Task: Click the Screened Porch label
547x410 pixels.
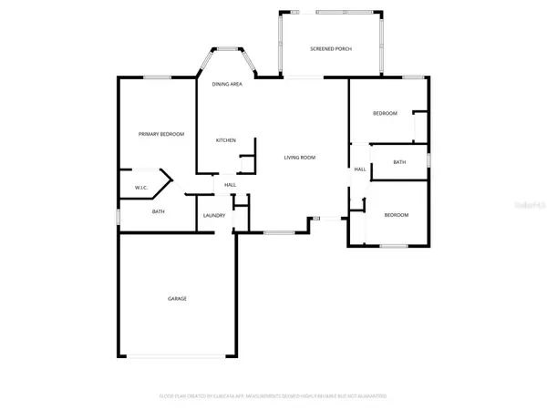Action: (x=331, y=49)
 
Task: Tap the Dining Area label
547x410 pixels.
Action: (x=226, y=84)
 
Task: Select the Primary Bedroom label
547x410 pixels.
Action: (x=161, y=134)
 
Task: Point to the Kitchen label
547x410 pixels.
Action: (x=226, y=140)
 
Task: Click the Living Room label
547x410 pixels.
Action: (x=299, y=158)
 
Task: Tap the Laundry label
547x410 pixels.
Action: (x=214, y=215)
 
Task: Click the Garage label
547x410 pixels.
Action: (x=177, y=298)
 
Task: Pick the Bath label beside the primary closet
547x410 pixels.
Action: (x=158, y=211)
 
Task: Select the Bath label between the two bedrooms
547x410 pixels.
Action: (x=399, y=162)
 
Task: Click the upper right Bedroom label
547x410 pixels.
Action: (x=385, y=113)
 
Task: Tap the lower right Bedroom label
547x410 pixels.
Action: (x=396, y=215)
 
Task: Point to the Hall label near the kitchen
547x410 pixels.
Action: (x=231, y=186)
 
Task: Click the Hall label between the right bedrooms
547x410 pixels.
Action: (x=360, y=169)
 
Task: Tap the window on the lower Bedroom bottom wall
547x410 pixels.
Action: (x=393, y=246)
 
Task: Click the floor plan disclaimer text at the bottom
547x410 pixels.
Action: (x=273, y=395)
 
